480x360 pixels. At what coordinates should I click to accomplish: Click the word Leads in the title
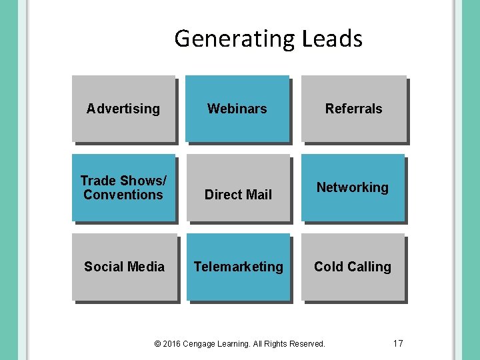click(332, 39)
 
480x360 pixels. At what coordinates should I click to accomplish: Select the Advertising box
click(123, 109)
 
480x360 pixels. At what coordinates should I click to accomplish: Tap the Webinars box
click(237, 109)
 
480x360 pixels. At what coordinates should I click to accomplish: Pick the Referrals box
click(353, 109)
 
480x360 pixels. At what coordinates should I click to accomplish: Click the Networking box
click(353, 187)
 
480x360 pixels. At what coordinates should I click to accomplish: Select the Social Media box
click(124, 267)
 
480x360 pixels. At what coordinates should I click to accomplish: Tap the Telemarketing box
click(238, 267)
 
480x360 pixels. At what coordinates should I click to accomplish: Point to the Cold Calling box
click(353, 267)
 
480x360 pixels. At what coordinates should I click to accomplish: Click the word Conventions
click(123, 195)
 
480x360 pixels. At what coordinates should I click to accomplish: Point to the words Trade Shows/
click(123, 181)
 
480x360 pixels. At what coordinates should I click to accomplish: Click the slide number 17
click(398, 343)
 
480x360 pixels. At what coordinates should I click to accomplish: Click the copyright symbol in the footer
click(157, 344)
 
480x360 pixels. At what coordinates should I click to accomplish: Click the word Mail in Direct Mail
click(259, 195)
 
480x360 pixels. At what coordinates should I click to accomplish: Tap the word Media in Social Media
click(146, 267)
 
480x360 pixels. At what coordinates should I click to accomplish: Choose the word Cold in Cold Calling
click(328, 267)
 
